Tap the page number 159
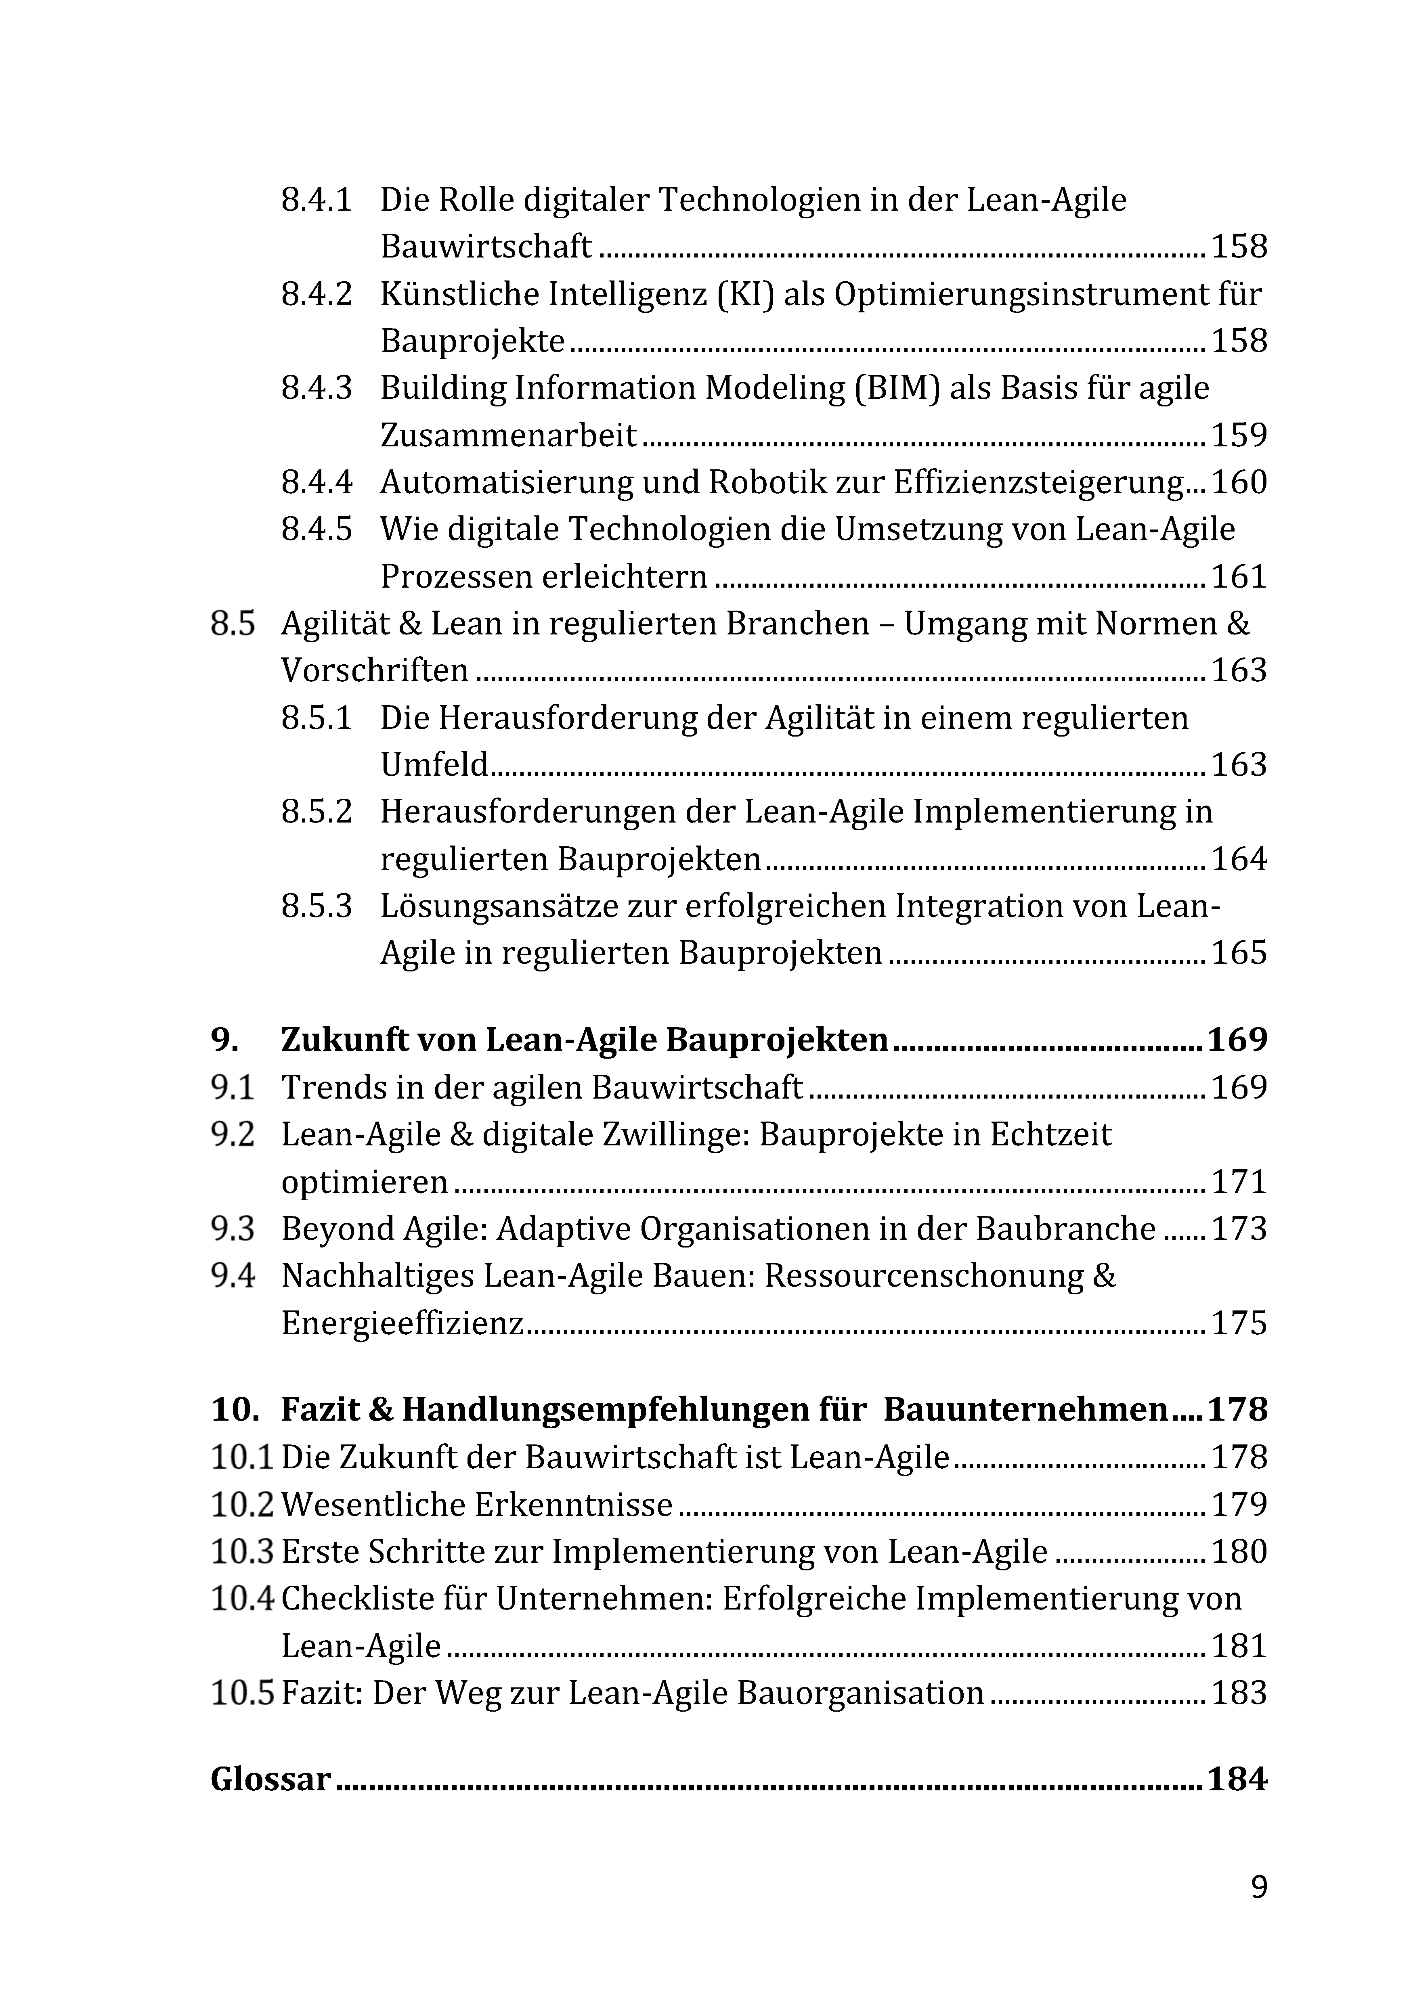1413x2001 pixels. pos(1239,435)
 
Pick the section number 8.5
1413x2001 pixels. pos(233,624)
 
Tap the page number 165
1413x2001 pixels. pos(1239,952)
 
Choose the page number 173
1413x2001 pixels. pos(1239,1229)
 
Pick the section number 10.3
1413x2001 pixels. pos(241,1551)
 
